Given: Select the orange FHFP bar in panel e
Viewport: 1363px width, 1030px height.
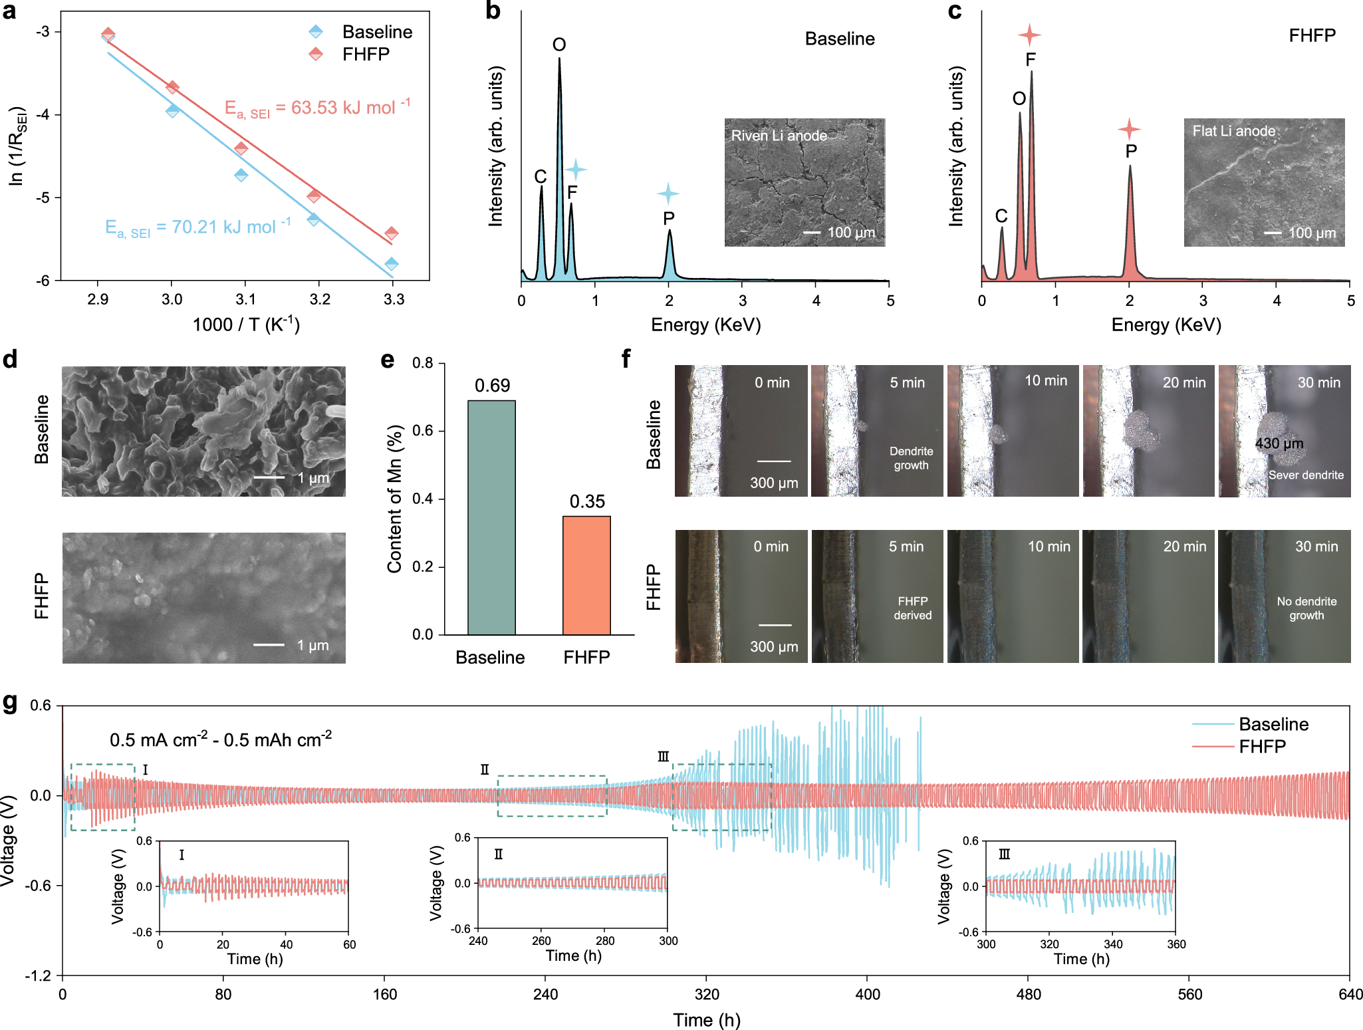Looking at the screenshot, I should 586,575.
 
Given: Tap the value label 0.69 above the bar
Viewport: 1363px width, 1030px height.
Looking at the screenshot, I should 492,386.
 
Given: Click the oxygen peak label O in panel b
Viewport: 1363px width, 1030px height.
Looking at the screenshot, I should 559,45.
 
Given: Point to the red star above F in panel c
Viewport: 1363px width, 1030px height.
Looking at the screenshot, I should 1029,35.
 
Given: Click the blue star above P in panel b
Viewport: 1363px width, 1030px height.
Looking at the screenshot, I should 668,193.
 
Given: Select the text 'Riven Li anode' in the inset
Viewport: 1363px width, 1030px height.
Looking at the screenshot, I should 779,136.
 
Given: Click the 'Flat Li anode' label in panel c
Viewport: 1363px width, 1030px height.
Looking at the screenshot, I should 1233,131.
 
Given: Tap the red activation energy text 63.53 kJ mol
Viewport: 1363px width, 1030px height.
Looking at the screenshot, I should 317,108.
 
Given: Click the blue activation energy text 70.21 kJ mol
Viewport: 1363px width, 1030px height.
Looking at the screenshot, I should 198,227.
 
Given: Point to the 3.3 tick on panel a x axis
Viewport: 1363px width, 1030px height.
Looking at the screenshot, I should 394,299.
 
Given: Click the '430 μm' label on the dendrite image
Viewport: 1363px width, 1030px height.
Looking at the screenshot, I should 1279,444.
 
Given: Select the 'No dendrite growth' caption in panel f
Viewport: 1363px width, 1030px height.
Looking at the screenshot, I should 1306,608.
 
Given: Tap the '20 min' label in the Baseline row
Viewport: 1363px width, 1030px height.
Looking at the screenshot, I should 1183,382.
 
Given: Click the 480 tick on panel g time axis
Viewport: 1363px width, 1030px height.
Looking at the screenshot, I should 1029,994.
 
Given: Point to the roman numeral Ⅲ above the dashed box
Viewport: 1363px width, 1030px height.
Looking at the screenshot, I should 663,757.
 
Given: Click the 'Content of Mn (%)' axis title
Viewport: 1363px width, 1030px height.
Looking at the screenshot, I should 395,499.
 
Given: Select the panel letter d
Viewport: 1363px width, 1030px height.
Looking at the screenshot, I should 10,360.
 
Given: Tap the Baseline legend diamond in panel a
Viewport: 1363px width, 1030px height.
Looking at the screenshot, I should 316,31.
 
